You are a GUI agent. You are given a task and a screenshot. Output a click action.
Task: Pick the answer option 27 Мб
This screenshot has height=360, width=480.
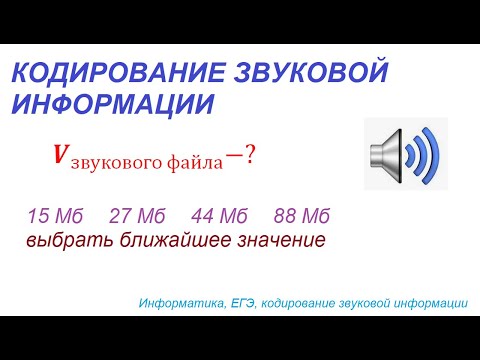[135, 217]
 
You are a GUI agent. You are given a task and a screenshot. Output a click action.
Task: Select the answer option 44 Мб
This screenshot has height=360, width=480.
[218, 217]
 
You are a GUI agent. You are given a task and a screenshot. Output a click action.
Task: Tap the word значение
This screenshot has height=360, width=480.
[278, 240]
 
